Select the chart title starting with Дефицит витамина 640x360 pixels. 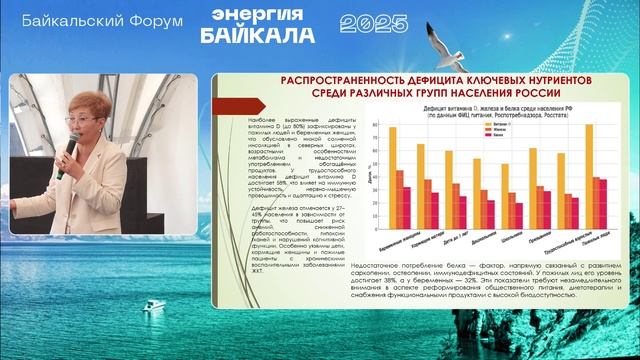489,113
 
